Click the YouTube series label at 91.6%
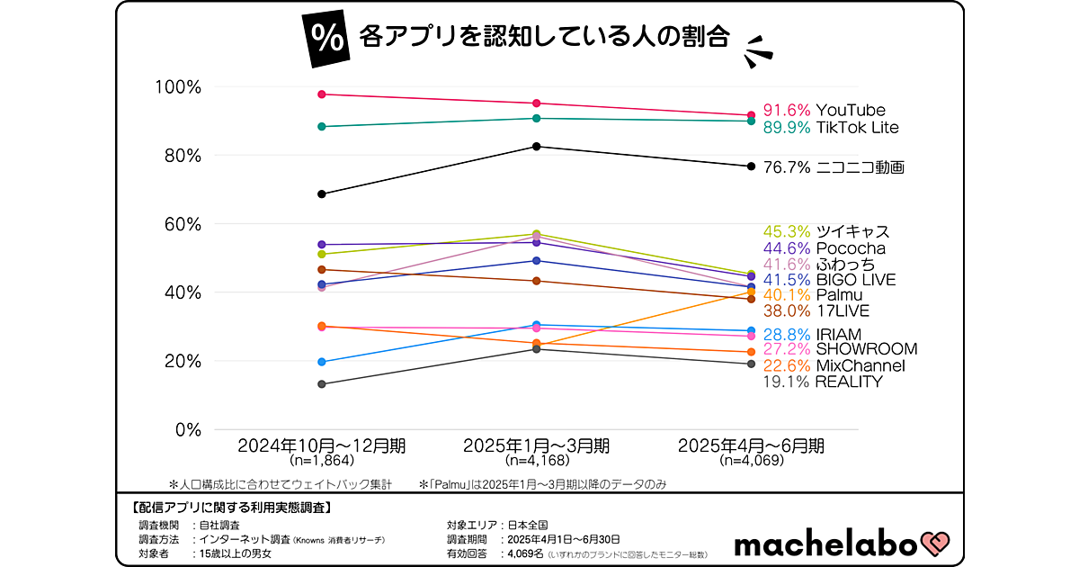click(x=824, y=111)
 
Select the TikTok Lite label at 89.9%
click(x=830, y=128)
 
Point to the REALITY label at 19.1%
click(x=822, y=382)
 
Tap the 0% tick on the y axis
click(x=187, y=429)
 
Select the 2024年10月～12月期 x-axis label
click(x=321, y=445)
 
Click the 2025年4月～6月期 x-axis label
click(x=752, y=445)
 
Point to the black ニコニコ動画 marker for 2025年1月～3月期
click(x=537, y=147)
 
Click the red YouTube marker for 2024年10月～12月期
click(x=322, y=94)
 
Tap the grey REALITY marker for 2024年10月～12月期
click(x=322, y=384)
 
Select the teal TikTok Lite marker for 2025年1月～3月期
click(x=537, y=118)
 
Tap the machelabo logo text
click(x=824, y=544)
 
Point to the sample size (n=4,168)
click(x=537, y=461)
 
